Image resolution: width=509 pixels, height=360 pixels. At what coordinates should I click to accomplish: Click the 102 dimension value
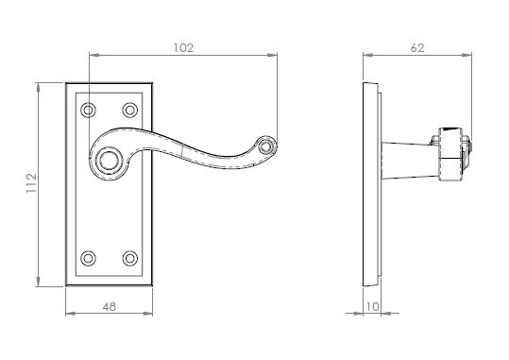pyautogui.click(x=183, y=48)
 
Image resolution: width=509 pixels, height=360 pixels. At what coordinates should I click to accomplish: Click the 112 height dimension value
pyautogui.click(x=31, y=183)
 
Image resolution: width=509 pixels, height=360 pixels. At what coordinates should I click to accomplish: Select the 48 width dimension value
pyautogui.click(x=110, y=306)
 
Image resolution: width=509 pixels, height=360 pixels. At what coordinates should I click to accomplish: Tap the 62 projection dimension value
pyautogui.click(x=417, y=48)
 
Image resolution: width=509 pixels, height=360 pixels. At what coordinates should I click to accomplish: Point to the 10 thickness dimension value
pyautogui.click(x=372, y=306)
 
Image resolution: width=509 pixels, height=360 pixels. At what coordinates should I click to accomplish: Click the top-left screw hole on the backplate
pyautogui.click(x=88, y=111)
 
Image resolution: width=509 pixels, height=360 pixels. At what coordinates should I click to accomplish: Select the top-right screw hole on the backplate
pyautogui.click(x=130, y=111)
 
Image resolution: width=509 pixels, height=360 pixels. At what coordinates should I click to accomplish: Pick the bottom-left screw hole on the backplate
pyautogui.click(x=88, y=259)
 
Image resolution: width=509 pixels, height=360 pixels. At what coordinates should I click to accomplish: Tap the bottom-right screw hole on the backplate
pyautogui.click(x=130, y=259)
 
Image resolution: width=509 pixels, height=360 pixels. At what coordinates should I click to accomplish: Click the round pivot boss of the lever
pyautogui.click(x=109, y=161)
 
